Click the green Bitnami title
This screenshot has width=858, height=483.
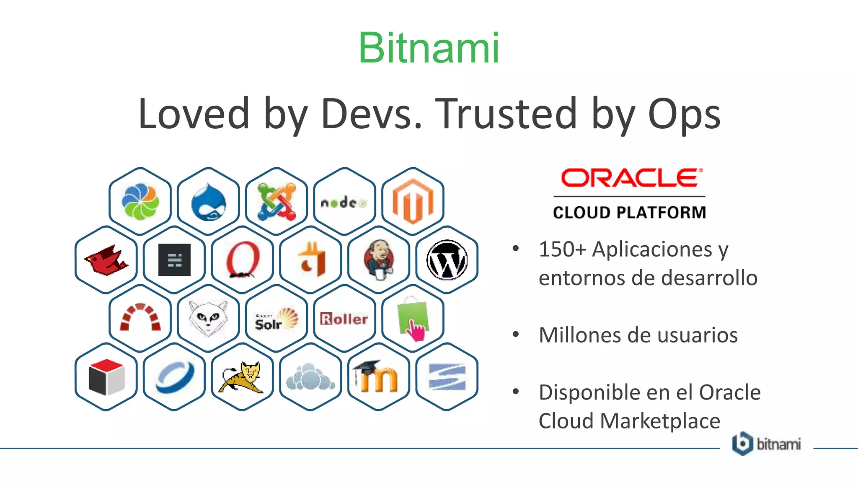(429, 48)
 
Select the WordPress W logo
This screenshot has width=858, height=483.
(447, 260)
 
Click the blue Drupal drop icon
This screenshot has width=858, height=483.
(208, 202)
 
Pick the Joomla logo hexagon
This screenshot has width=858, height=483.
(277, 202)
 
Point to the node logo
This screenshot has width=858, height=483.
(344, 203)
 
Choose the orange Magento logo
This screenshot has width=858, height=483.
(413, 201)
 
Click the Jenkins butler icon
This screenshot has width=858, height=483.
(379, 260)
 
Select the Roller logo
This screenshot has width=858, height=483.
(344, 319)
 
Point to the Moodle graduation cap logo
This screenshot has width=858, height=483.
(379, 377)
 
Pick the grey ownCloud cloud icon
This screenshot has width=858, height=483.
(310, 377)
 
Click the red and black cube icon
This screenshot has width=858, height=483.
(106, 377)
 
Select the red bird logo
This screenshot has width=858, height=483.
(106, 260)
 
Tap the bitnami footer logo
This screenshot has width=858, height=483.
(766, 444)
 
